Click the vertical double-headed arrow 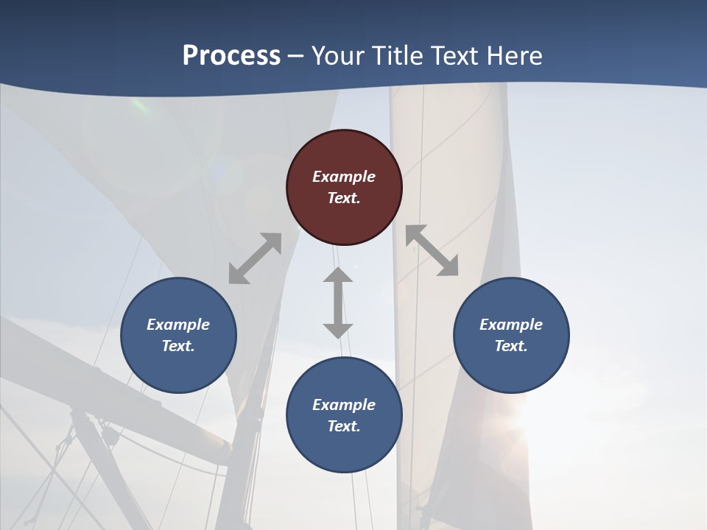click(x=338, y=303)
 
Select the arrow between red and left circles click(x=255, y=258)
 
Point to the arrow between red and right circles click(x=432, y=250)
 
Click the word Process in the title click(x=231, y=56)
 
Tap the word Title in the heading click(x=400, y=56)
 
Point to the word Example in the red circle click(x=344, y=177)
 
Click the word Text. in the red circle click(x=344, y=198)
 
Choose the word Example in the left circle click(x=178, y=325)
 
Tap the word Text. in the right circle click(x=511, y=346)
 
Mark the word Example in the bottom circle click(x=344, y=405)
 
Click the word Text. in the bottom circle click(x=344, y=426)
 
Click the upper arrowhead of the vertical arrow click(x=338, y=275)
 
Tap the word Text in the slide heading click(x=456, y=56)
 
